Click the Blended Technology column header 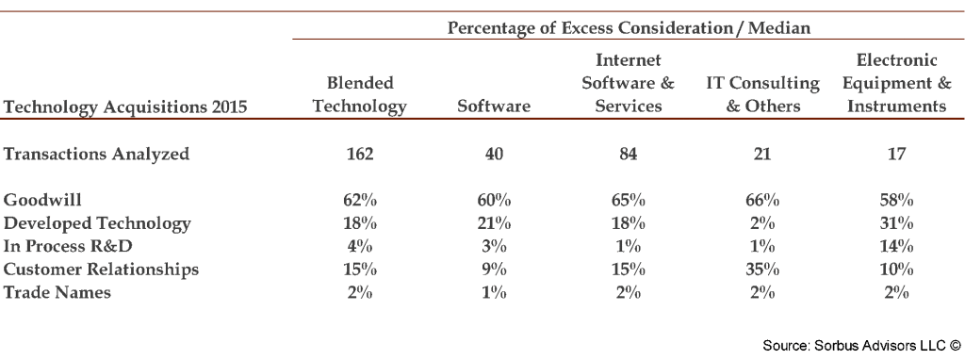[x=359, y=94]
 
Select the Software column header [x=493, y=106]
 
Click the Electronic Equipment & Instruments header [x=895, y=83]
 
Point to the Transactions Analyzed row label [x=96, y=154]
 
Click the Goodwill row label [x=42, y=200]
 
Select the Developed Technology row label [x=97, y=223]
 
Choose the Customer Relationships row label [x=101, y=270]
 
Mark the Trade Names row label [x=57, y=292]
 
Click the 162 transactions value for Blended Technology [x=359, y=154]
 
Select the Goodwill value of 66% [x=761, y=200]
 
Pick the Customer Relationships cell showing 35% [x=761, y=270]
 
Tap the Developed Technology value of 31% [x=895, y=223]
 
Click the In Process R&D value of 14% [x=895, y=246]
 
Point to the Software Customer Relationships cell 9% [x=493, y=270]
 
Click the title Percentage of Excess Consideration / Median [x=629, y=28]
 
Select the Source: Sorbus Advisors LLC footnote [x=860, y=346]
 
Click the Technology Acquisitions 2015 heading [x=125, y=107]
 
